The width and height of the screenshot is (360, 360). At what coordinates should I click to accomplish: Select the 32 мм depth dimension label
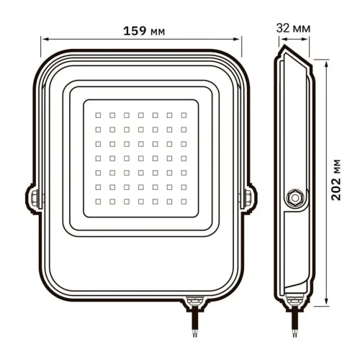[294, 27]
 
